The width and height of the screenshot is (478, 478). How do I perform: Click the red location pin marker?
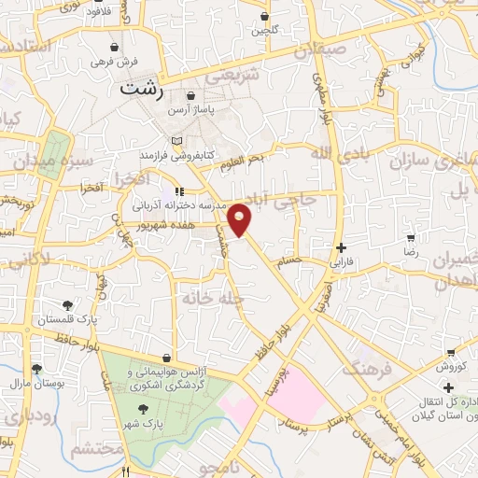240,218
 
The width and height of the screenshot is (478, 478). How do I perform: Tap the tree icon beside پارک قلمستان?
67,305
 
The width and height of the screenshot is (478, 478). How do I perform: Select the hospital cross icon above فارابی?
344,248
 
